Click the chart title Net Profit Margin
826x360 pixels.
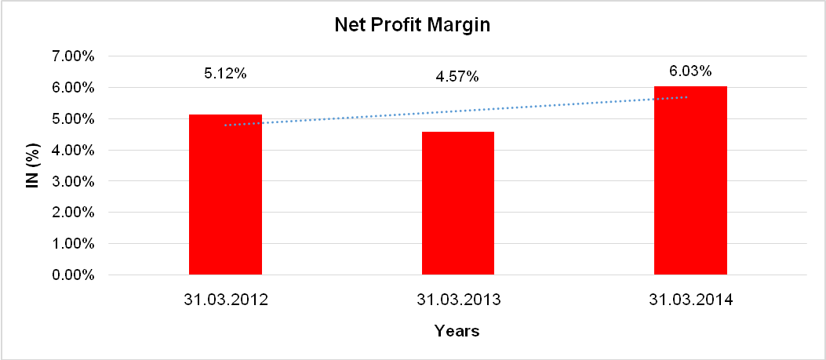coord(413,25)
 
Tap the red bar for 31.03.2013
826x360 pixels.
coord(458,203)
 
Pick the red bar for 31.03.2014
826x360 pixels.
coord(690,180)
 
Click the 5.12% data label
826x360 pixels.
coord(225,74)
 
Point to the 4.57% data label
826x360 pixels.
coord(457,77)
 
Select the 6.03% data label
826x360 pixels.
coord(690,71)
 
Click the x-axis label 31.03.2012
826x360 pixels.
coord(225,299)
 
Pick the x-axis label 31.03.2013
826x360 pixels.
coord(458,299)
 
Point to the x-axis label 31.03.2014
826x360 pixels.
coord(690,299)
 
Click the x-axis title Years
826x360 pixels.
coord(457,331)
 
